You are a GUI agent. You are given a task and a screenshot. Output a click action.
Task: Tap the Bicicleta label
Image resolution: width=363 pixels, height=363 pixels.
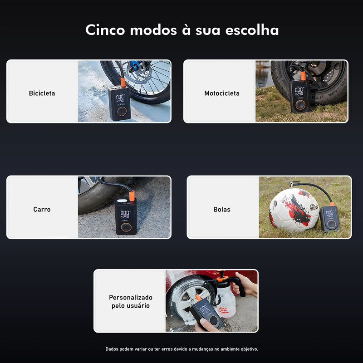pyautogui.click(x=42, y=93)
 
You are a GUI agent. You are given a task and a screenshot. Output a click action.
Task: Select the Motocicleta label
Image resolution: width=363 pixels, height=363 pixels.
pyautogui.click(x=221, y=93)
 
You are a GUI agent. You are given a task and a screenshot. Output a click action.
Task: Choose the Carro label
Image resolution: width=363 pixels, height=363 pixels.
pyautogui.click(x=42, y=209)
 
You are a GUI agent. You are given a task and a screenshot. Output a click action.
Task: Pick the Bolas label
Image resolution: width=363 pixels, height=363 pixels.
pyautogui.click(x=222, y=209)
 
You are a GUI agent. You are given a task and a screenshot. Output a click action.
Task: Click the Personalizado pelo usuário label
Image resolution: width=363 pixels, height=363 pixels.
pyautogui.click(x=131, y=301)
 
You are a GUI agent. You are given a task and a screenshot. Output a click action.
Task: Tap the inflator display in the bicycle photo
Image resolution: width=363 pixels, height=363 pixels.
pyautogui.click(x=120, y=98)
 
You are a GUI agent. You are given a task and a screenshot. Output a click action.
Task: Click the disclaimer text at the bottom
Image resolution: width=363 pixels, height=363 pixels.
pyautogui.click(x=181, y=349)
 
